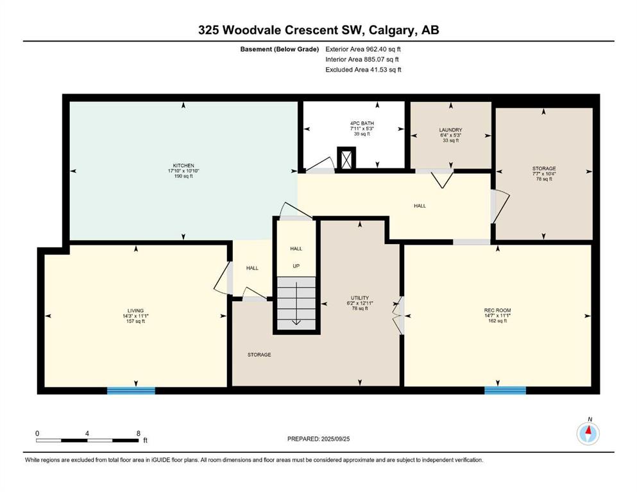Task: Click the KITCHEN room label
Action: [183, 165]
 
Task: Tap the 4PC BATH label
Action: [362, 123]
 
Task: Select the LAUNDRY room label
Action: [450, 130]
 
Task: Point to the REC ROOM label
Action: [498, 310]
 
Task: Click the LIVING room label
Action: [136, 311]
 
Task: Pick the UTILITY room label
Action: [360, 298]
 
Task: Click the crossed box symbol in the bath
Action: [346, 159]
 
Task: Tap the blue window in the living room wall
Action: [131, 391]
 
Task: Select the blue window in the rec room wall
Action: [505, 391]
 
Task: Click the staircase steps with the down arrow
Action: [296, 303]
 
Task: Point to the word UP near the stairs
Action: [296, 266]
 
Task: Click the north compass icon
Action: [588, 434]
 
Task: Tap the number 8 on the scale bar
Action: [139, 433]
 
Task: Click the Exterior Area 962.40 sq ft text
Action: [363, 49]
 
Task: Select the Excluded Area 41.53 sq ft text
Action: [363, 69]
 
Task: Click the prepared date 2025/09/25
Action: [335, 439]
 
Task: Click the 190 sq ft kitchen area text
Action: [183, 176]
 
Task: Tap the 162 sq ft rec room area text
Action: [498, 321]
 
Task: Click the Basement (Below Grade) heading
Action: [280, 49]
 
